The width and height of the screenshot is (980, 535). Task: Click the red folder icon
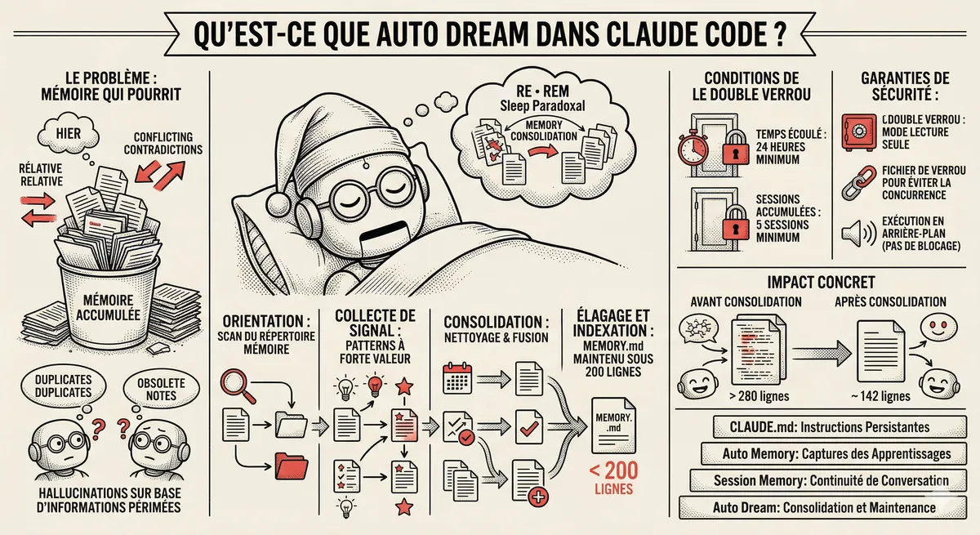coord(290,465)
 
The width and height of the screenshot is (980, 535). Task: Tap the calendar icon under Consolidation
coord(454,379)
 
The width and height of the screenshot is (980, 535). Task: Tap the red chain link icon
coord(856,185)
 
